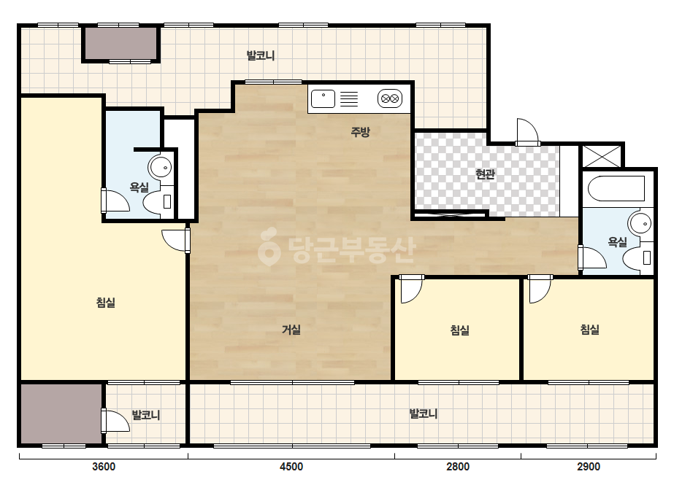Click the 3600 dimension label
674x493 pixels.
point(104,466)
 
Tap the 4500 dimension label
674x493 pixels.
point(291,466)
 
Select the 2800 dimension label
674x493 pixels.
point(458,466)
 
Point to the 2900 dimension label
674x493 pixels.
point(589,466)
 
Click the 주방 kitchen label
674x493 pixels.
point(360,131)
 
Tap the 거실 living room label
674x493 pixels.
point(291,330)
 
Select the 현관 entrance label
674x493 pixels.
point(485,174)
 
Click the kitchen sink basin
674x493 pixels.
point(323,98)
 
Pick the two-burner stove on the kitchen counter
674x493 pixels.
point(390,98)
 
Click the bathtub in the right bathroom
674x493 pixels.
point(616,189)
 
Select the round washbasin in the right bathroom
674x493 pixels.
point(640,223)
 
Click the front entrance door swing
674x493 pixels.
point(527,132)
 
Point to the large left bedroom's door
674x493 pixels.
point(176,241)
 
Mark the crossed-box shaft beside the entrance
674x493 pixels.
point(602,156)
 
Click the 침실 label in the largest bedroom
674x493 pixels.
point(106,303)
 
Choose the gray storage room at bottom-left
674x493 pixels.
point(61,414)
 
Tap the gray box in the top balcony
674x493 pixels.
point(120,43)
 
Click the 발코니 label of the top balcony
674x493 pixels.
point(261,55)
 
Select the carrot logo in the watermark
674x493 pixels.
point(269,246)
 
